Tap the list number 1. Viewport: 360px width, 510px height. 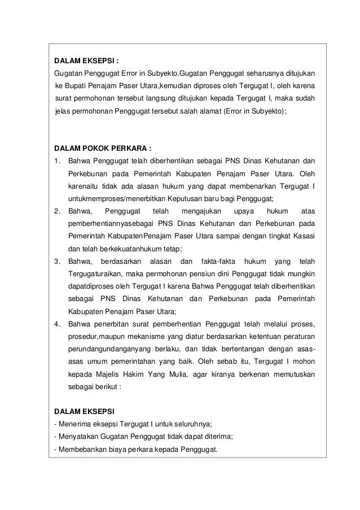(57, 162)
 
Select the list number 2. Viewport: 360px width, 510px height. (57, 211)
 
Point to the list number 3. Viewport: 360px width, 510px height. (57, 261)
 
